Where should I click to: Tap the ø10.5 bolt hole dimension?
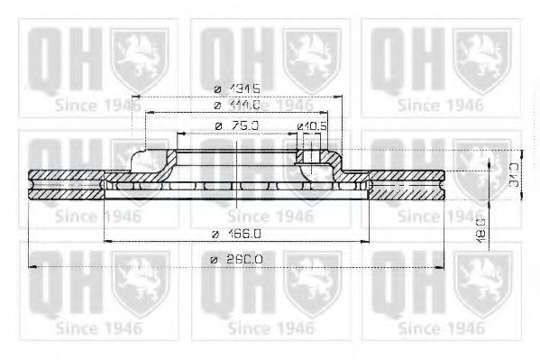pyautogui.click(x=311, y=125)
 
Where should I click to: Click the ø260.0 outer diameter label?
pyautogui.click(x=236, y=259)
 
